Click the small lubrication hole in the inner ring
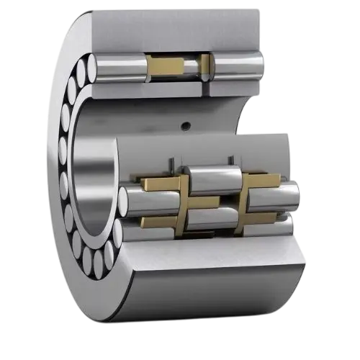(x=186, y=126)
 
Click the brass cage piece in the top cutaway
(x=169, y=66)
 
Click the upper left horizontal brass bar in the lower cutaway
(x=158, y=183)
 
